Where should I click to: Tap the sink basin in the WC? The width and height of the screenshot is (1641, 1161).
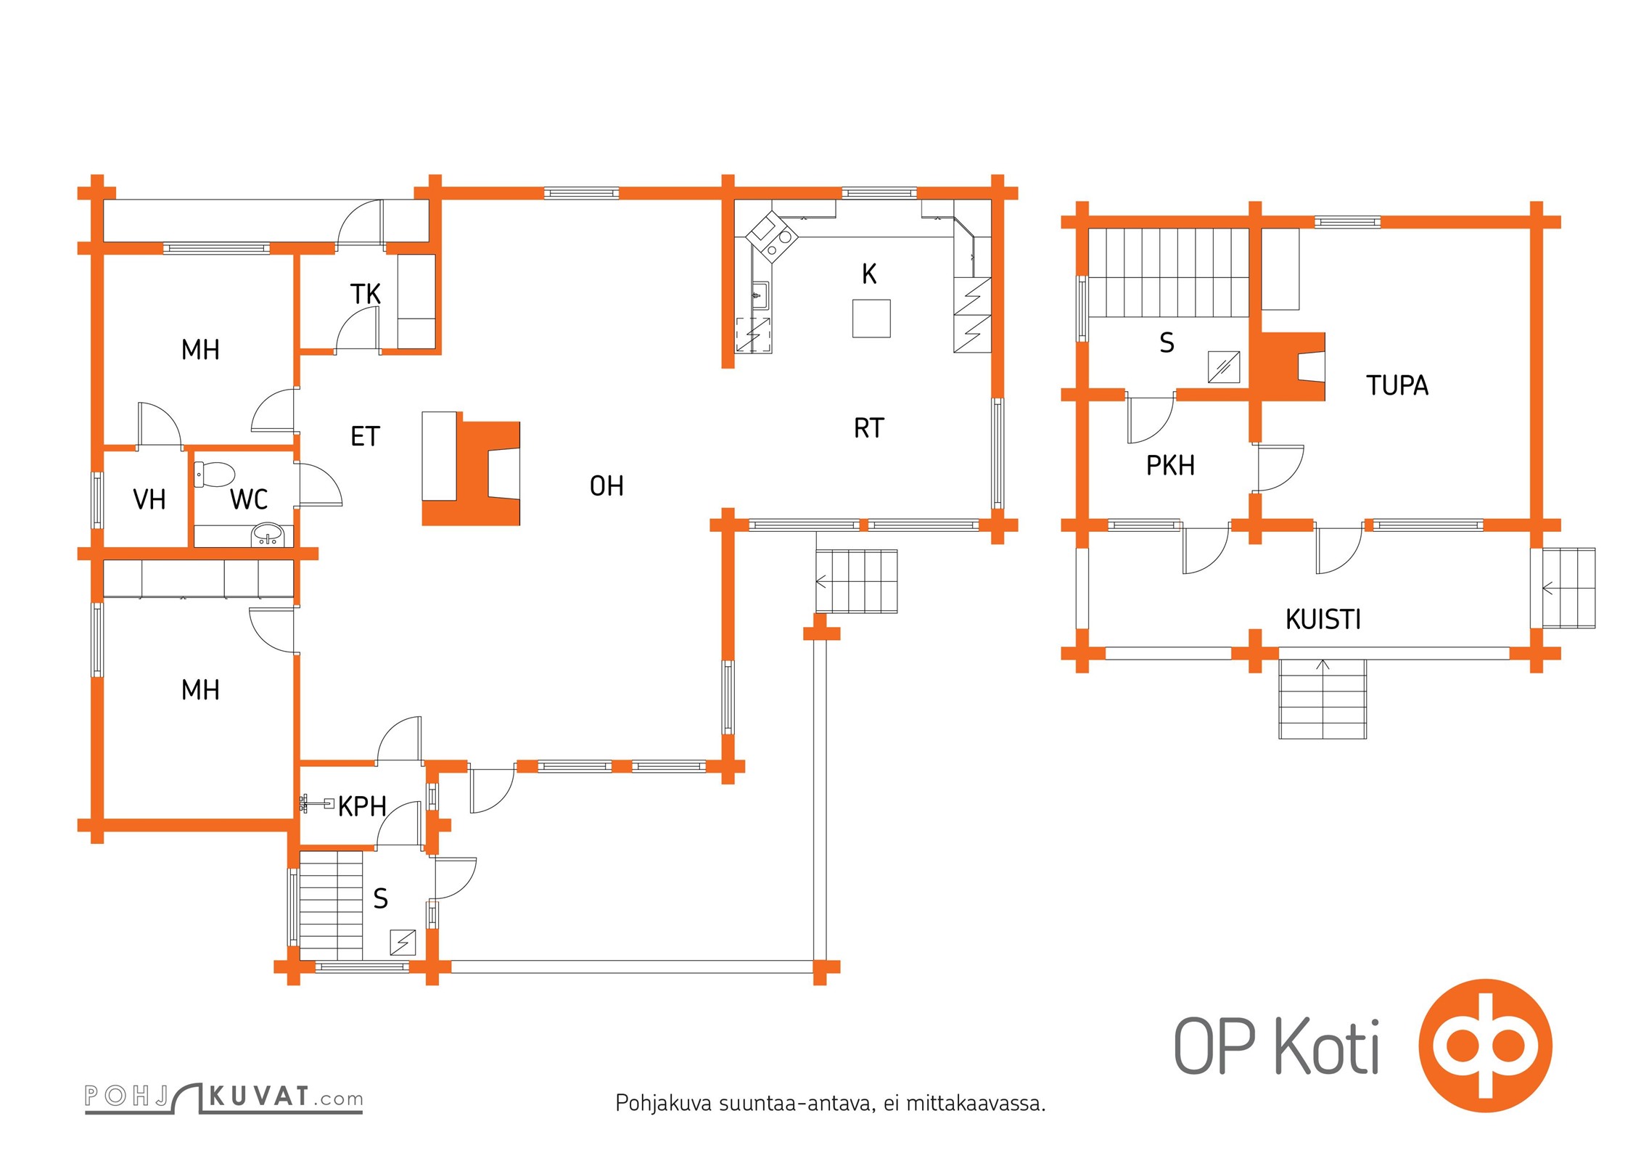pos(268,536)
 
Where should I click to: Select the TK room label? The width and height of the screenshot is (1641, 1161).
pos(365,294)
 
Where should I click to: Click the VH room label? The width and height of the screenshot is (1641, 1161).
pos(149,499)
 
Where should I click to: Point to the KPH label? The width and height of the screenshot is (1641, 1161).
pos(361,806)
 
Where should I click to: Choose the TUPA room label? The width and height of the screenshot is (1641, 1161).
pos(1397,385)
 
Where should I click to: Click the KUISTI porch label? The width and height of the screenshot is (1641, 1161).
pos(1323,619)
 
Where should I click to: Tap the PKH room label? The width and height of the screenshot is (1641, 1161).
pos(1170,465)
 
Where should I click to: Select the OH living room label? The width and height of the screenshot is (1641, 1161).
pos(606,485)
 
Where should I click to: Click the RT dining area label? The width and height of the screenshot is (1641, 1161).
pos(868,428)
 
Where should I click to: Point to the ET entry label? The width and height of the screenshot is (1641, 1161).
pos(365,436)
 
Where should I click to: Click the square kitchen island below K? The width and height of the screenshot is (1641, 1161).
pos(871,319)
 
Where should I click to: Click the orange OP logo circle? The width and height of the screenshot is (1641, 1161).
pos(1485,1045)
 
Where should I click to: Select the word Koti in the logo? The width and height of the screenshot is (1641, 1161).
pos(1327,1046)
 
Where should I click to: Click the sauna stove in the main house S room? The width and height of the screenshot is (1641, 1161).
pos(403,943)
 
